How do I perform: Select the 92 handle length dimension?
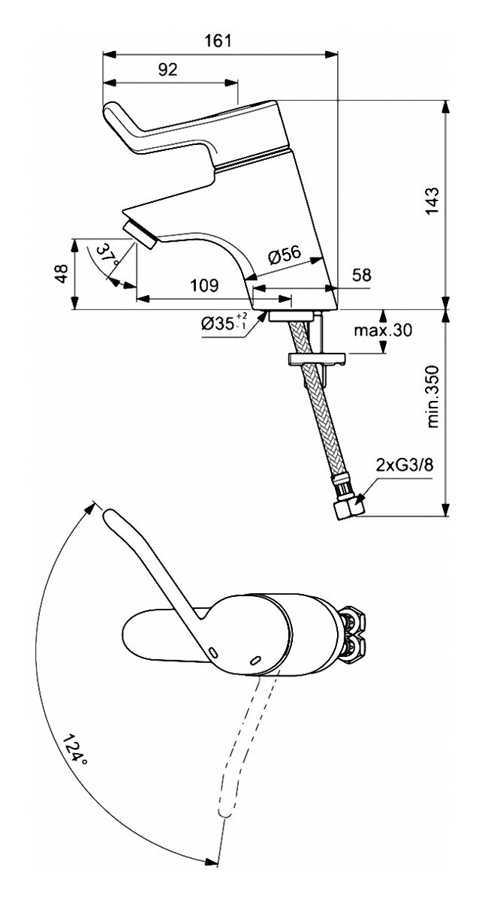167,70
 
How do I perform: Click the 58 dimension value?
361,276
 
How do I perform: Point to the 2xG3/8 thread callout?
404,466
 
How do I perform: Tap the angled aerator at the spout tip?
140,230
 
